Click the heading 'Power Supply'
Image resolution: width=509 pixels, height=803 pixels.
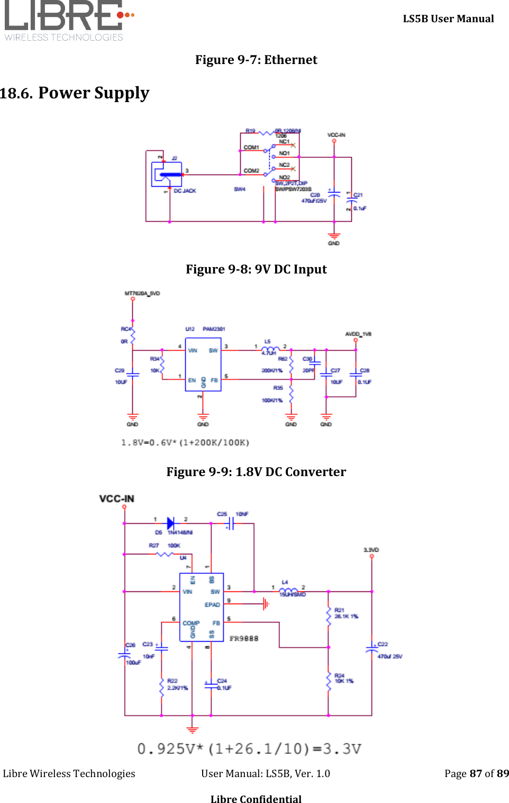pyautogui.click(x=94, y=93)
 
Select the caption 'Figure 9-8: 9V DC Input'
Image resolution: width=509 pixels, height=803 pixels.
pyautogui.click(x=256, y=269)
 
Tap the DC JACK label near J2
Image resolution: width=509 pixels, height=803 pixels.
pyautogui.click(x=185, y=191)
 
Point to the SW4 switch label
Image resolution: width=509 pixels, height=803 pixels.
pyautogui.click(x=240, y=189)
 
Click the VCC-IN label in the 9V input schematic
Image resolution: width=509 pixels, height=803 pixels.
pyautogui.click(x=336, y=135)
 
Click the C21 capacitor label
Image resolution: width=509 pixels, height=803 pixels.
pyautogui.click(x=358, y=195)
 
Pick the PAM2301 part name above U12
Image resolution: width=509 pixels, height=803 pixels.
pyautogui.click(x=214, y=329)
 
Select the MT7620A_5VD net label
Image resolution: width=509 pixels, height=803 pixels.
pyautogui.click(x=142, y=293)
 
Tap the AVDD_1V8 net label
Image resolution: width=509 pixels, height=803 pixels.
pyautogui.click(x=358, y=334)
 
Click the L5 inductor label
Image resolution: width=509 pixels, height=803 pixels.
pyautogui.click(x=267, y=342)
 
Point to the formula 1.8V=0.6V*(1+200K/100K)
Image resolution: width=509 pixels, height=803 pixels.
pyautogui.click(x=185, y=442)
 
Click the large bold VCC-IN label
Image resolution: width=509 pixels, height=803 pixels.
pyautogui.click(x=116, y=499)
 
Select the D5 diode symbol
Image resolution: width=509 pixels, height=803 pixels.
pyautogui.click(x=170, y=523)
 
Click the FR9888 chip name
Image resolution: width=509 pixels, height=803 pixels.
pyautogui.click(x=244, y=638)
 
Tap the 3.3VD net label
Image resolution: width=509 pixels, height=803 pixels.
pyautogui.click(x=371, y=550)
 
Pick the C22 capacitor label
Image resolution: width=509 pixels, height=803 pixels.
pyautogui.click(x=383, y=644)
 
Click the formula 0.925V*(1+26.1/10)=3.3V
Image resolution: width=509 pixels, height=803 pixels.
pyautogui.click(x=249, y=749)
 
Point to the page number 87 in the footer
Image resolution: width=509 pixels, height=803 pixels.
pyautogui.click(x=476, y=773)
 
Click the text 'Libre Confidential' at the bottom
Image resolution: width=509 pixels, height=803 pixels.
pyautogui.click(x=256, y=799)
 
